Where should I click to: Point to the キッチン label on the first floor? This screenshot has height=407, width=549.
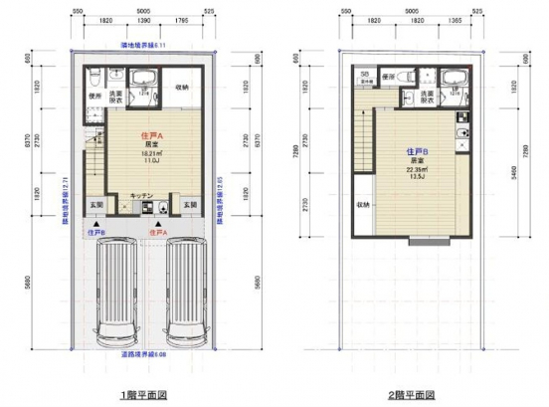[x=141, y=195]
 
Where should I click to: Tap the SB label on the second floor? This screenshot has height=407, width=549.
[x=365, y=75]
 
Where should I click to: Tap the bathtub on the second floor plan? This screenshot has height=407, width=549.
[x=457, y=78]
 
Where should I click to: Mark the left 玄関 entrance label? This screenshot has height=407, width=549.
[x=96, y=205]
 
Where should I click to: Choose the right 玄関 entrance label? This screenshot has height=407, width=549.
[x=187, y=205]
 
